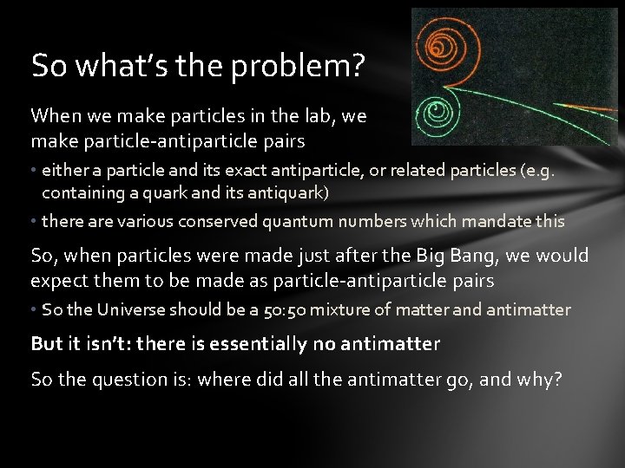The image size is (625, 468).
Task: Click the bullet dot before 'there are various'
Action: (34, 222)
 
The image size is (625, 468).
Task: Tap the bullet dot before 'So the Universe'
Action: (34, 310)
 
